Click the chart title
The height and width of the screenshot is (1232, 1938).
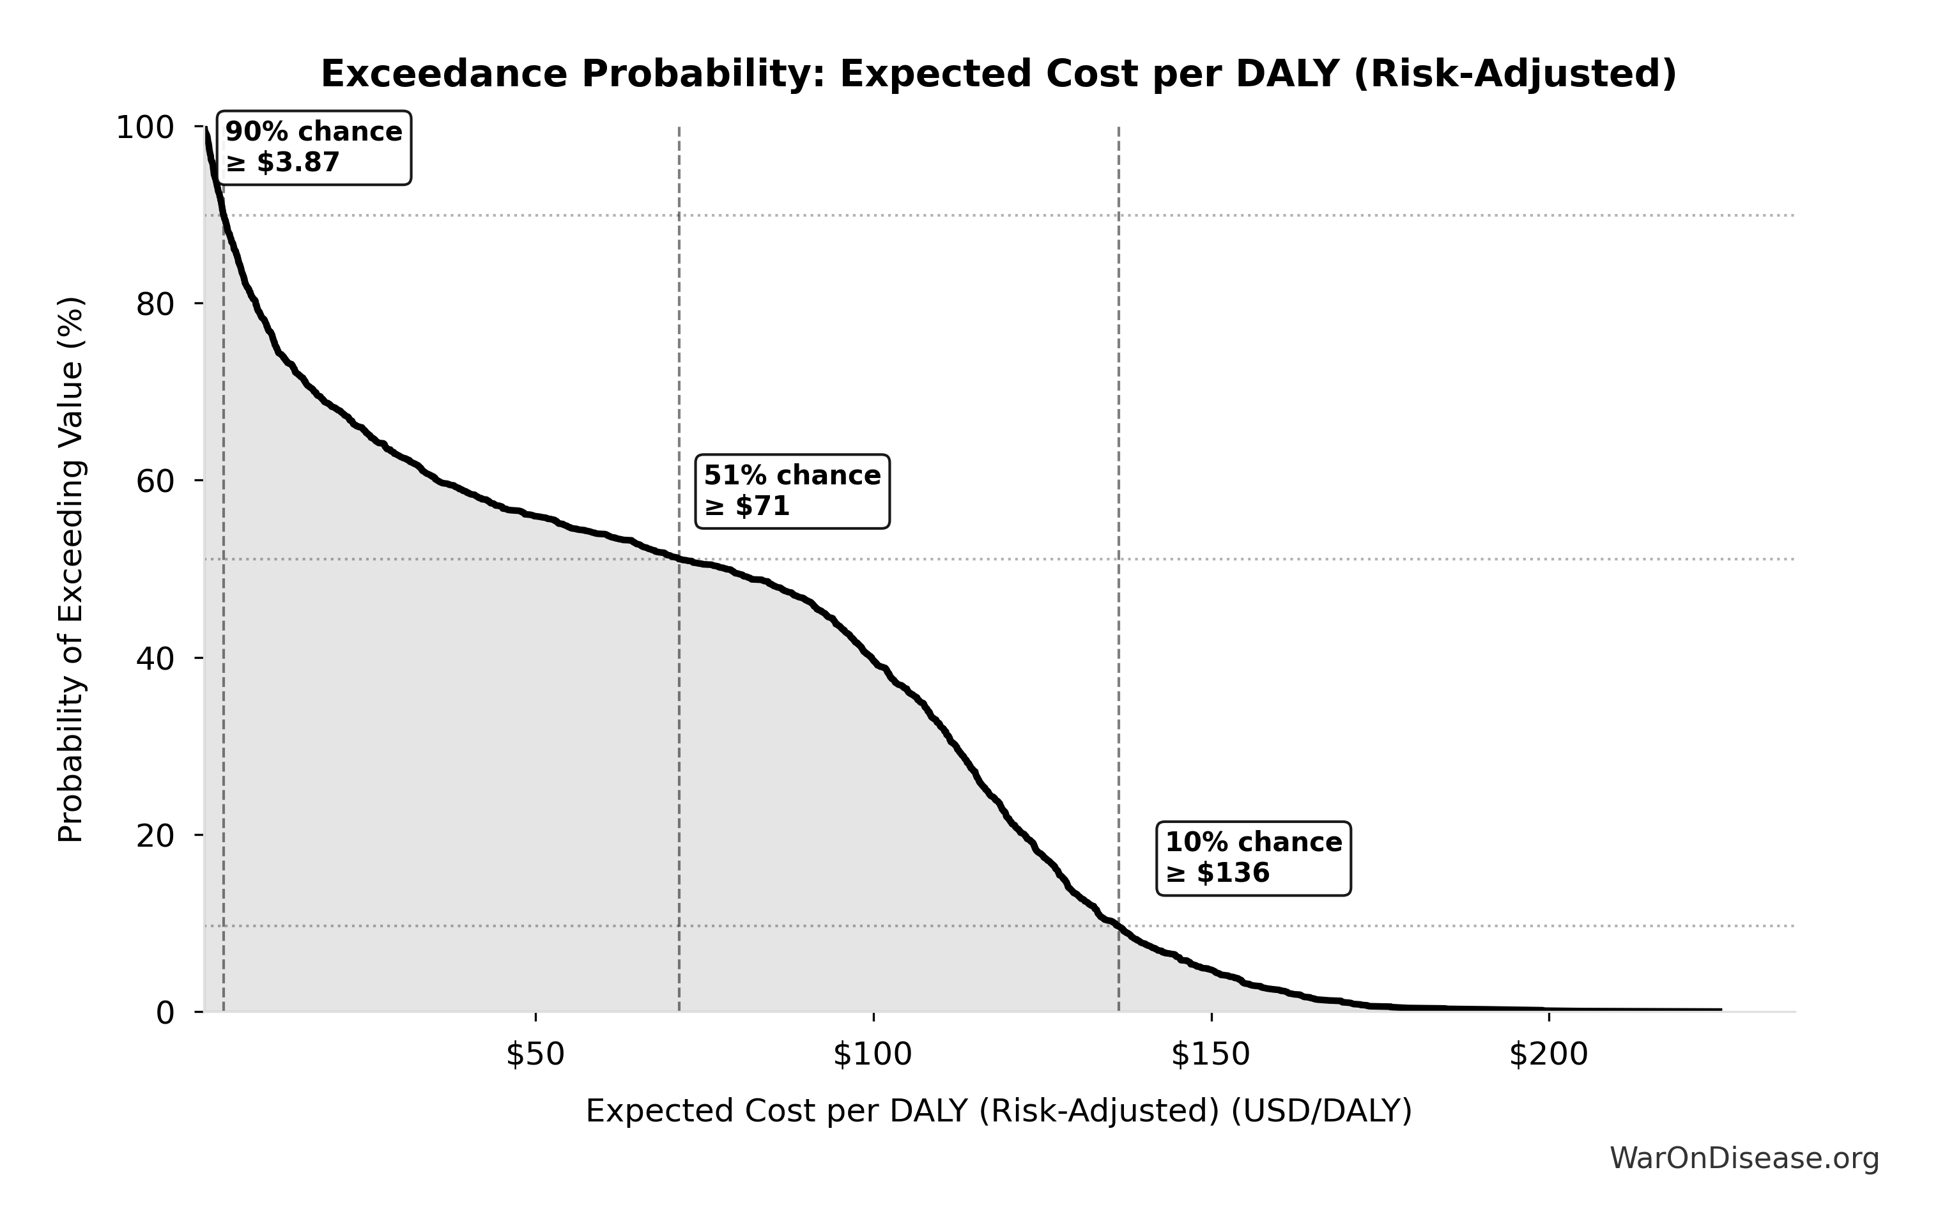point(999,75)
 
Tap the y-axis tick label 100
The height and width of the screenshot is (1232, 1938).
point(145,128)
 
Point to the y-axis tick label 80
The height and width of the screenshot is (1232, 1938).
point(155,304)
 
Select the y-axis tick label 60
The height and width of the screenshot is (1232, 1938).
point(155,481)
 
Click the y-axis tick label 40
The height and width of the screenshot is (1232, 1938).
point(155,658)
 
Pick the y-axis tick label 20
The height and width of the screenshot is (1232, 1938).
point(155,836)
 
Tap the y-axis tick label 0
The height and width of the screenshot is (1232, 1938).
point(165,1013)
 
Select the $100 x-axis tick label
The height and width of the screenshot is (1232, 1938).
point(872,1055)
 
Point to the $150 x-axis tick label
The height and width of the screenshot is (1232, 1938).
point(1210,1055)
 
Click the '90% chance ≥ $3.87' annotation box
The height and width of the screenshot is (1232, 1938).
point(314,147)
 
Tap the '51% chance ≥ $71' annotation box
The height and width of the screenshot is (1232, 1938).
point(792,491)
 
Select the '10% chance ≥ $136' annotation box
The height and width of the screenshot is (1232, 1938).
point(1253,858)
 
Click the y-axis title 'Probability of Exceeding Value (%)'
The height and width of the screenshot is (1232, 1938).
point(71,570)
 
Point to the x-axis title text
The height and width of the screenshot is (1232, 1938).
point(999,1111)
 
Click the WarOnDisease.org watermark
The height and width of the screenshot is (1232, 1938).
point(1744,1159)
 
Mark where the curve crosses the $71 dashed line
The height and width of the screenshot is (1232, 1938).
point(679,559)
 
